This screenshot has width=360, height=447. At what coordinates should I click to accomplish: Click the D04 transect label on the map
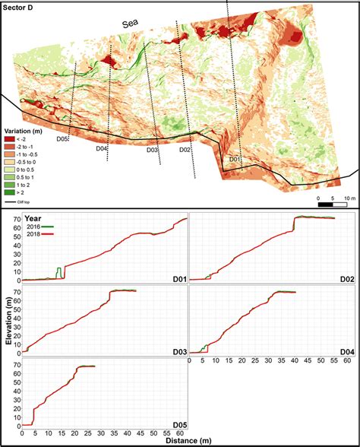point(101,148)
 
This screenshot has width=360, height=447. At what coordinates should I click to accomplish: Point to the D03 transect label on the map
point(153,150)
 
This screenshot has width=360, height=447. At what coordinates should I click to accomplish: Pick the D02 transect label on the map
point(185,150)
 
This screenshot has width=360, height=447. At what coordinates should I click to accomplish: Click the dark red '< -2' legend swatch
point(9,141)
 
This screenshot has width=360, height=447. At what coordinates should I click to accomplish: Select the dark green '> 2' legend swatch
point(9,193)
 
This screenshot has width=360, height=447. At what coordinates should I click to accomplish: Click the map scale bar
point(332,204)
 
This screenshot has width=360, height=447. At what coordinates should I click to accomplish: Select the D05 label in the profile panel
point(177,424)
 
